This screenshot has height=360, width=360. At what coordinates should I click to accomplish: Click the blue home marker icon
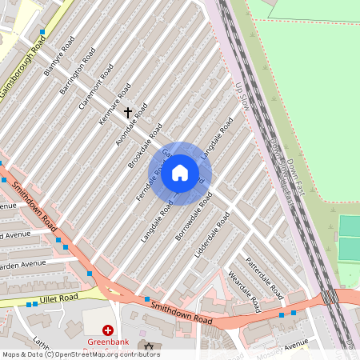coord(180,173)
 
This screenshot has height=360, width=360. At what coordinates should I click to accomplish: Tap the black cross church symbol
coord(127,114)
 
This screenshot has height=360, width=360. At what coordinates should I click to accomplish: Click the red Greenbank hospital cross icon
coord(108,330)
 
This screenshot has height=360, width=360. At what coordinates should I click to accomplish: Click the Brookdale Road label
coord(145,145)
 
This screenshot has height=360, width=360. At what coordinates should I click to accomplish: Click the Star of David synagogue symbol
coord(146,346)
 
